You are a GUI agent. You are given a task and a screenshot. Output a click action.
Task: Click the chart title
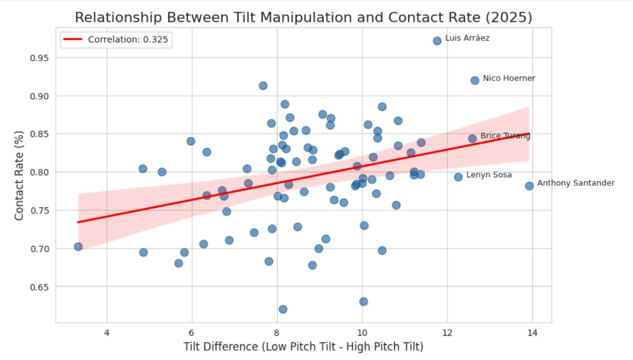pyautogui.click(x=303, y=17)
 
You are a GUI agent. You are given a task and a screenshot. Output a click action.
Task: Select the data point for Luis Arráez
pyautogui.click(x=437, y=41)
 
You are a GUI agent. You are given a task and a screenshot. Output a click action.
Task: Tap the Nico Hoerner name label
pyautogui.click(x=509, y=78)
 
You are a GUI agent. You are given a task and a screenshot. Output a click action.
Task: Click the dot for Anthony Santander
pyautogui.click(x=529, y=186)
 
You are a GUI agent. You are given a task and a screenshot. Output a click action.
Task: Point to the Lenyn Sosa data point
pyautogui.click(x=458, y=177)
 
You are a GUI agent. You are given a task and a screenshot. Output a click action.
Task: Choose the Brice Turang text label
pyautogui.click(x=505, y=136)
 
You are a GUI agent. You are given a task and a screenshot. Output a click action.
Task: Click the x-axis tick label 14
pyautogui.click(x=532, y=334)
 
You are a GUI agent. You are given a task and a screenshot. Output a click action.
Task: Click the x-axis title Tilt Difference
pyautogui.click(x=303, y=347)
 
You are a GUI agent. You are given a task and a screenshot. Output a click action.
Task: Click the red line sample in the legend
pyautogui.click(x=73, y=40)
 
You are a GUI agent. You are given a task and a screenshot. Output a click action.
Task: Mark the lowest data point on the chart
pyautogui.click(x=283, y=309)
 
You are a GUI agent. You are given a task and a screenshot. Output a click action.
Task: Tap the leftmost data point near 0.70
pyautogui.click(x=78, y=247)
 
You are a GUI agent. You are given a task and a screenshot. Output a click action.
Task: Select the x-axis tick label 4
pyautogui.click(x=107, y=334)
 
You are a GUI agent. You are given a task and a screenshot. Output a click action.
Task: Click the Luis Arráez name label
pyautogui.click(x=467, y=38)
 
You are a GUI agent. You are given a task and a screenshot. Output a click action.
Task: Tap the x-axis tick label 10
pyautogui.click(x=362, y=334)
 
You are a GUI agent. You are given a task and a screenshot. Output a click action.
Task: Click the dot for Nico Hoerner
pyautogui.click(x=475, y=80)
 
